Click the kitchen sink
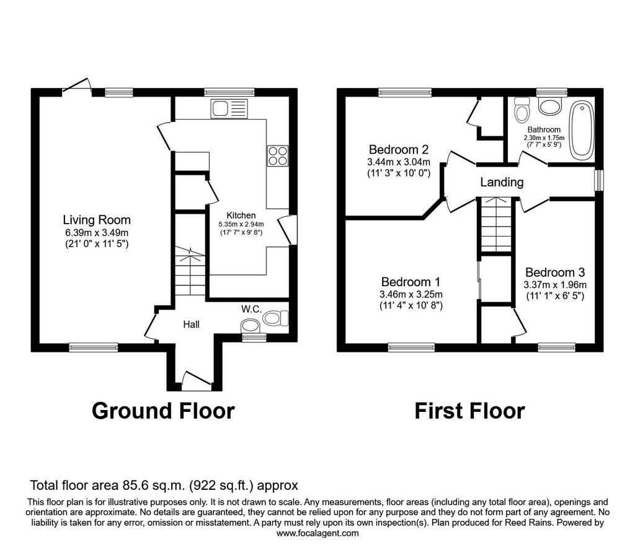229,109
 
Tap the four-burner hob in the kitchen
278,155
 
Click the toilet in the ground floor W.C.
275,318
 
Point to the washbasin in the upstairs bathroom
549,106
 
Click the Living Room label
97,220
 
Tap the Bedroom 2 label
399,150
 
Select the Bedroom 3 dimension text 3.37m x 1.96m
555,285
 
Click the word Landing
502,182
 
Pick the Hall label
191,325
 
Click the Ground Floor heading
163,411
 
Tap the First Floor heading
470,411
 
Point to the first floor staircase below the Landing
497,225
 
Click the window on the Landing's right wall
599,180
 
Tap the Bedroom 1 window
412,347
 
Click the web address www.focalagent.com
317,533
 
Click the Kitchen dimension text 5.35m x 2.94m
241,224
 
